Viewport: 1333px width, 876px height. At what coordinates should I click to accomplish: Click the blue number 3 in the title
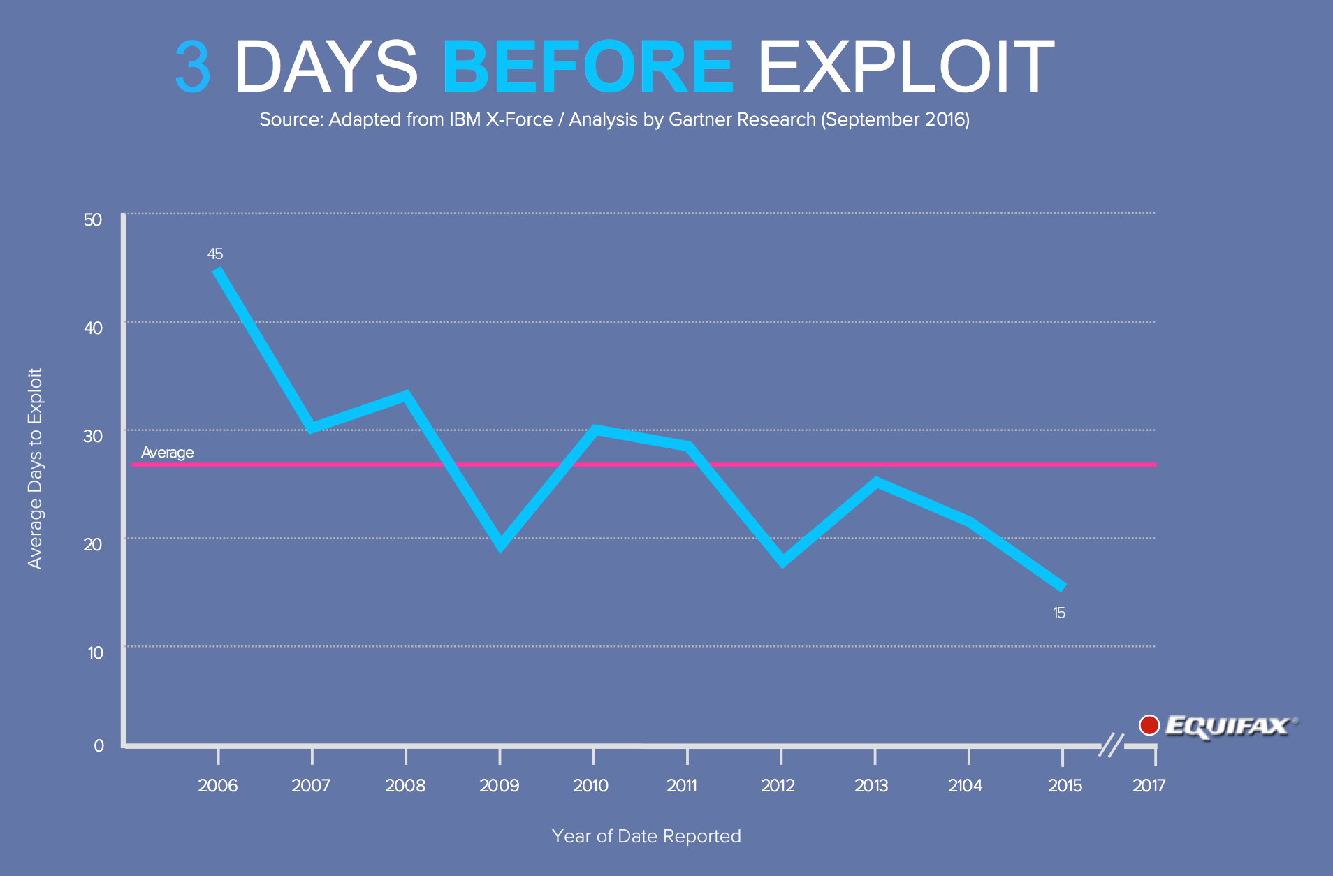tap(193, 66)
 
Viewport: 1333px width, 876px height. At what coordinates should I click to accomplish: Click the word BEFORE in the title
tap(588, 66)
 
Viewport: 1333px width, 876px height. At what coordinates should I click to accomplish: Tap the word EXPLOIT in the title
tap(905, 66)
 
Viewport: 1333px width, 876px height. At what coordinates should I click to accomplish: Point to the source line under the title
tap(614, 119)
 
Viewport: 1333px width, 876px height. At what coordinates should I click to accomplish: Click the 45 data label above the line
tap(215, 254)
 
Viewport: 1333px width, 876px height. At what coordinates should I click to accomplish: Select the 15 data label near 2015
tap(1059, 613)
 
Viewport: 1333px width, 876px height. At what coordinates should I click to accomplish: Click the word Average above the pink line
tap(167, 453)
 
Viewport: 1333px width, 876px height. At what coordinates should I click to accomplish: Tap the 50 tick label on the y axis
tap(93, 220)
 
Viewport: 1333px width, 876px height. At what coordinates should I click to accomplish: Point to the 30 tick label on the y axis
tap(93, 437)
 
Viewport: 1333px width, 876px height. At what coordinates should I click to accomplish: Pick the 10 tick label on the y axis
tap(95, 653)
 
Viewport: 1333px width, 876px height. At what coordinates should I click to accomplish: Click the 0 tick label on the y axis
tap(99, 746)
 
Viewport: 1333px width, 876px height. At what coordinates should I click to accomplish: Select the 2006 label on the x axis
tap(217, 786)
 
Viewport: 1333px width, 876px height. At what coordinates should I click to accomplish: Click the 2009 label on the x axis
tap(499, 786)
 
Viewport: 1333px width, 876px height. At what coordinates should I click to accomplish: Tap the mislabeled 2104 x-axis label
tap(965, 786)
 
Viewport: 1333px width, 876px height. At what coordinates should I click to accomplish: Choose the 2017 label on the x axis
tap(1149, 786)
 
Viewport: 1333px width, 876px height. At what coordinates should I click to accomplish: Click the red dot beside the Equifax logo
tap(1149, 725)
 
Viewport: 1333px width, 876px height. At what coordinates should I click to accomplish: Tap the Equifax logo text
tap(1228, 727)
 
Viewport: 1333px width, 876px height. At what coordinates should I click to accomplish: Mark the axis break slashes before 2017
tap(1112, 745)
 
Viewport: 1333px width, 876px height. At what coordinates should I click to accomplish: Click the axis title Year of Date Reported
tap(646, 836)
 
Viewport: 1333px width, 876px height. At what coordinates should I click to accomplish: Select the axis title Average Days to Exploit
tap(35, 468)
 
